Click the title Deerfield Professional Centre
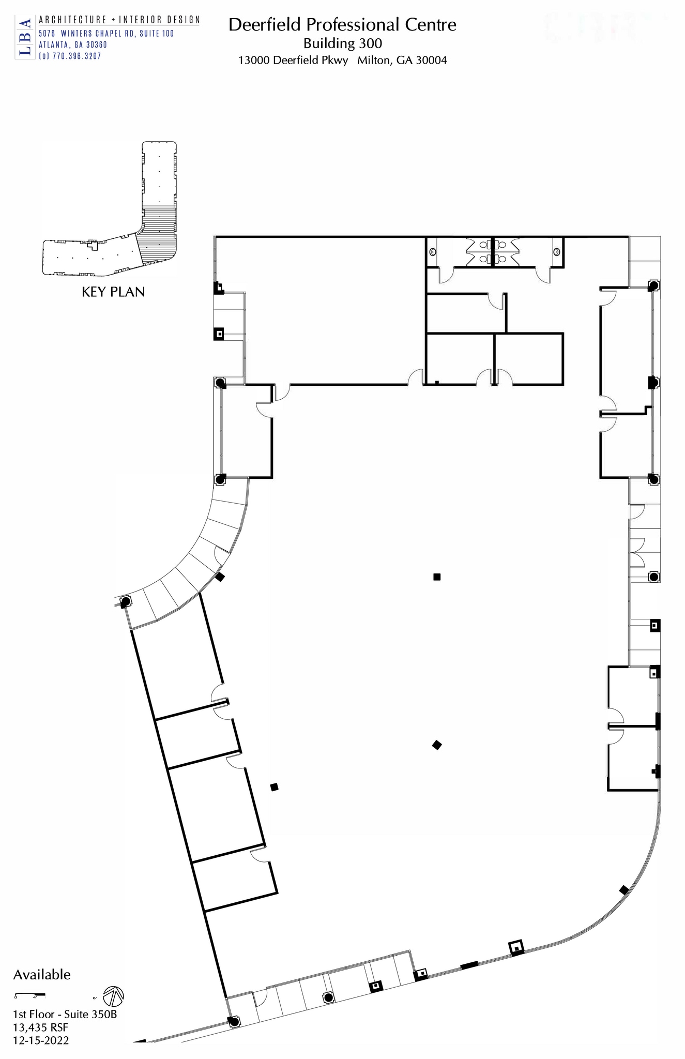pos(342,25)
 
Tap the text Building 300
pos(342,43)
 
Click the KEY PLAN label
pos(113,292)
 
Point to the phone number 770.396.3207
pos(77,56)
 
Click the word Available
pos(42,975)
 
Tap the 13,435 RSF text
pos(40,1027)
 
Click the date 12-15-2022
pos(41,1040)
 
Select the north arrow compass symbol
pos(114,995)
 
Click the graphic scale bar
pos(29,994)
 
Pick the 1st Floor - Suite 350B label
pos(65,1014)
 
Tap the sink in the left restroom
pos(433,252)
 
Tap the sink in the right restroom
pos(556,252)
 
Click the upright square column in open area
pos(437,577)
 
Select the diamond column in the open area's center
pos(437,745)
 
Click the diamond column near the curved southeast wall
pos(624,890)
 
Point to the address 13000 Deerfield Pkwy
pos(293,60)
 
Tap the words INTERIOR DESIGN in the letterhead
pos(159,20)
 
